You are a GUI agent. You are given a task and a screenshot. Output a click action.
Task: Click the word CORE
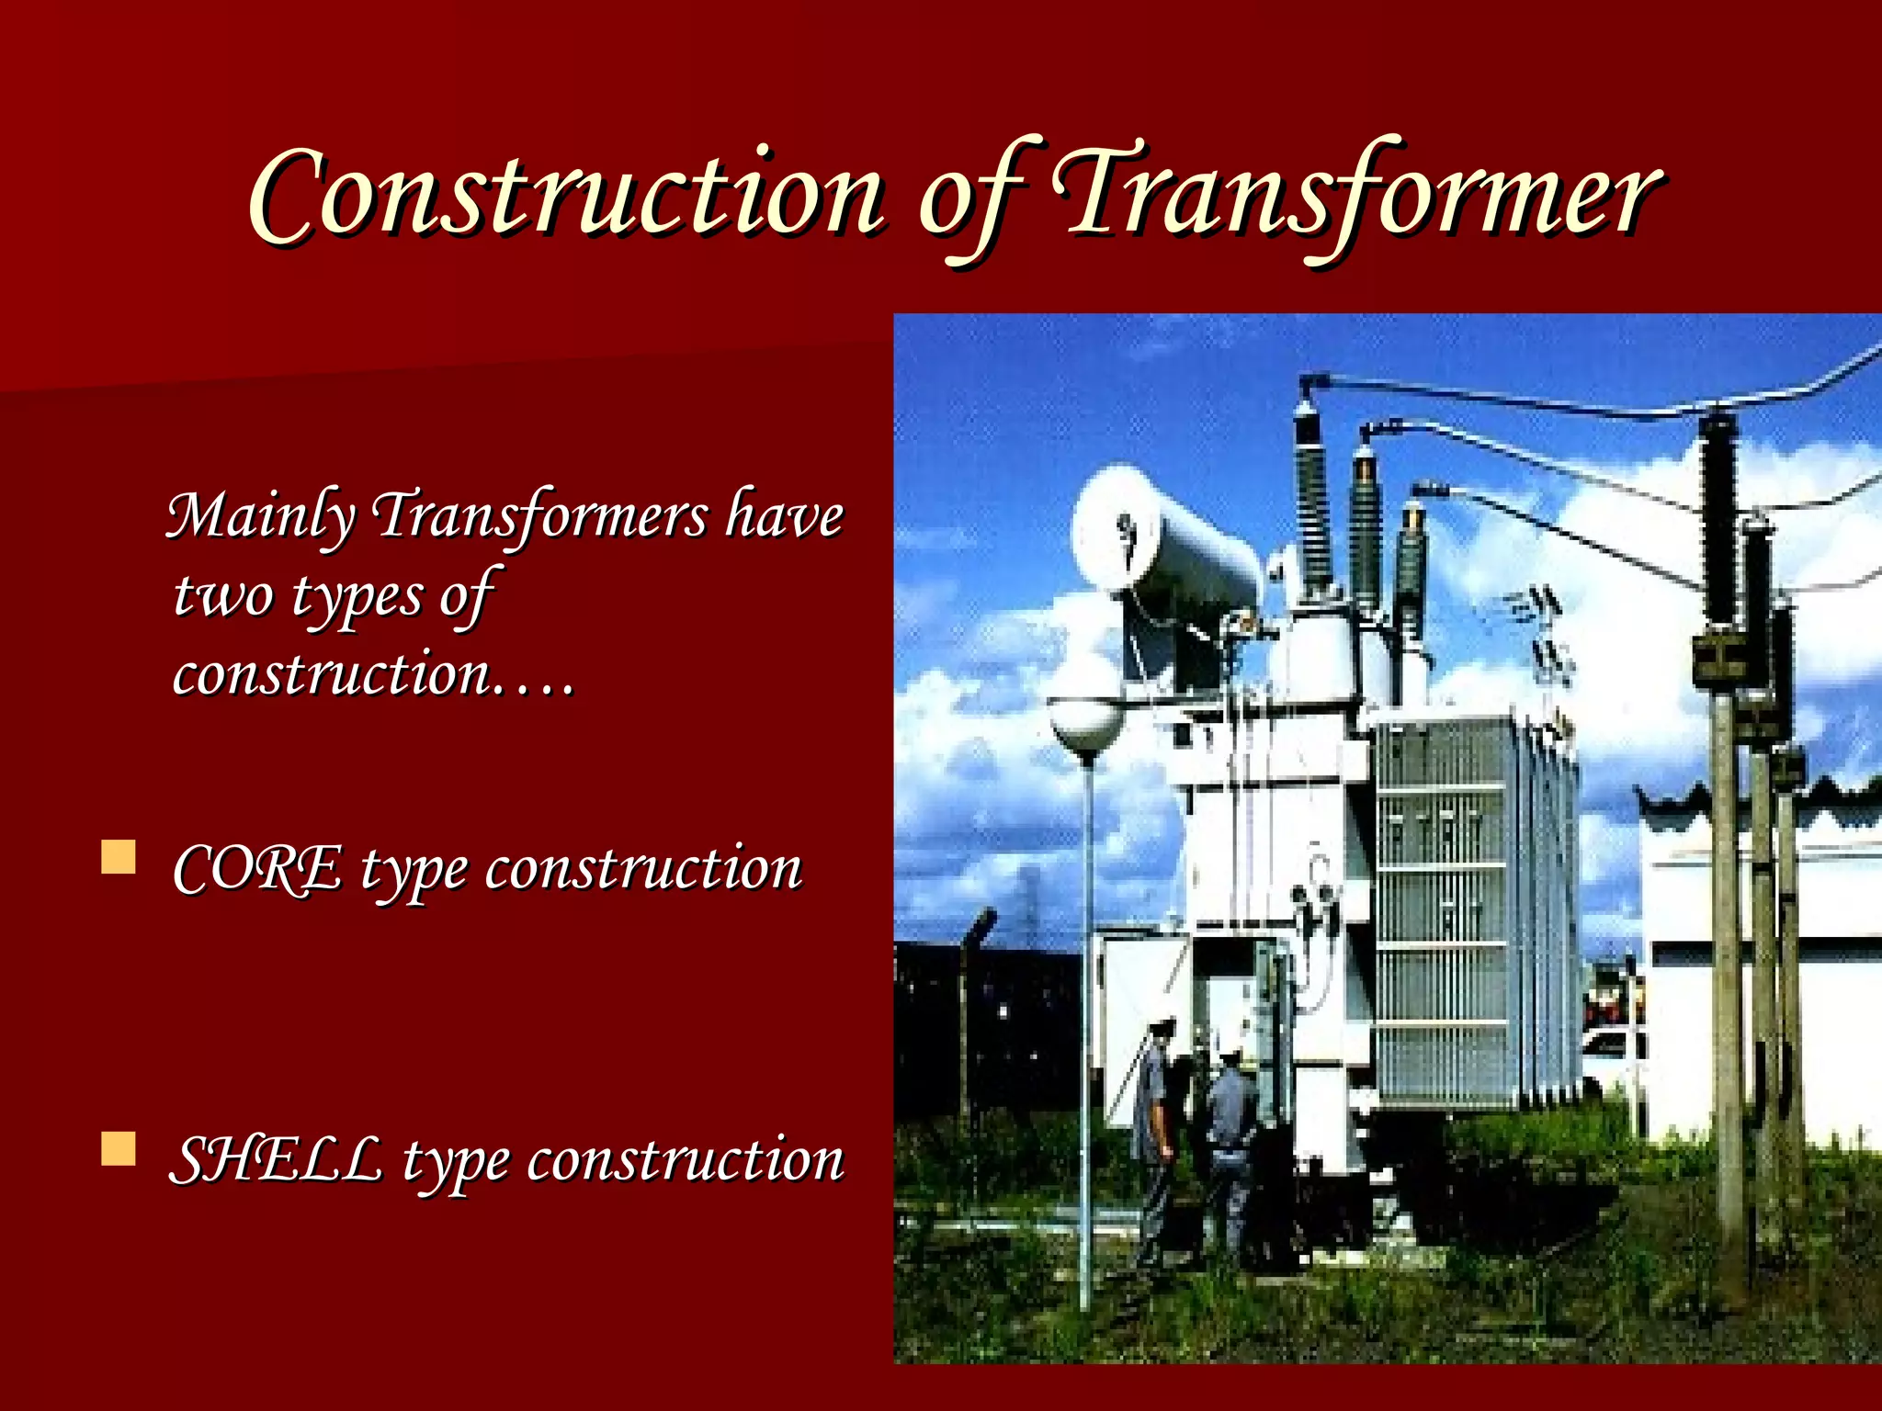tap(257, 869)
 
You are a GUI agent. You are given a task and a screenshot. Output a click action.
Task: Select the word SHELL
tap(276, 1159)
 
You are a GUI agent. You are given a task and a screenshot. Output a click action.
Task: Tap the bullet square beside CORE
tap(119, 858)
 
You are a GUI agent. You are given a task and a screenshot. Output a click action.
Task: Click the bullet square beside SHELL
tap(119, 1148)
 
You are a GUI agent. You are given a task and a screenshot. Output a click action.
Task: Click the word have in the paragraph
tap(784, 516)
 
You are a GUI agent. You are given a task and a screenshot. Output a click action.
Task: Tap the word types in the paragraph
tap(357, 597)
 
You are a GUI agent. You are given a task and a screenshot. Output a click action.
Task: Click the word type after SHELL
tap(455, 1163)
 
